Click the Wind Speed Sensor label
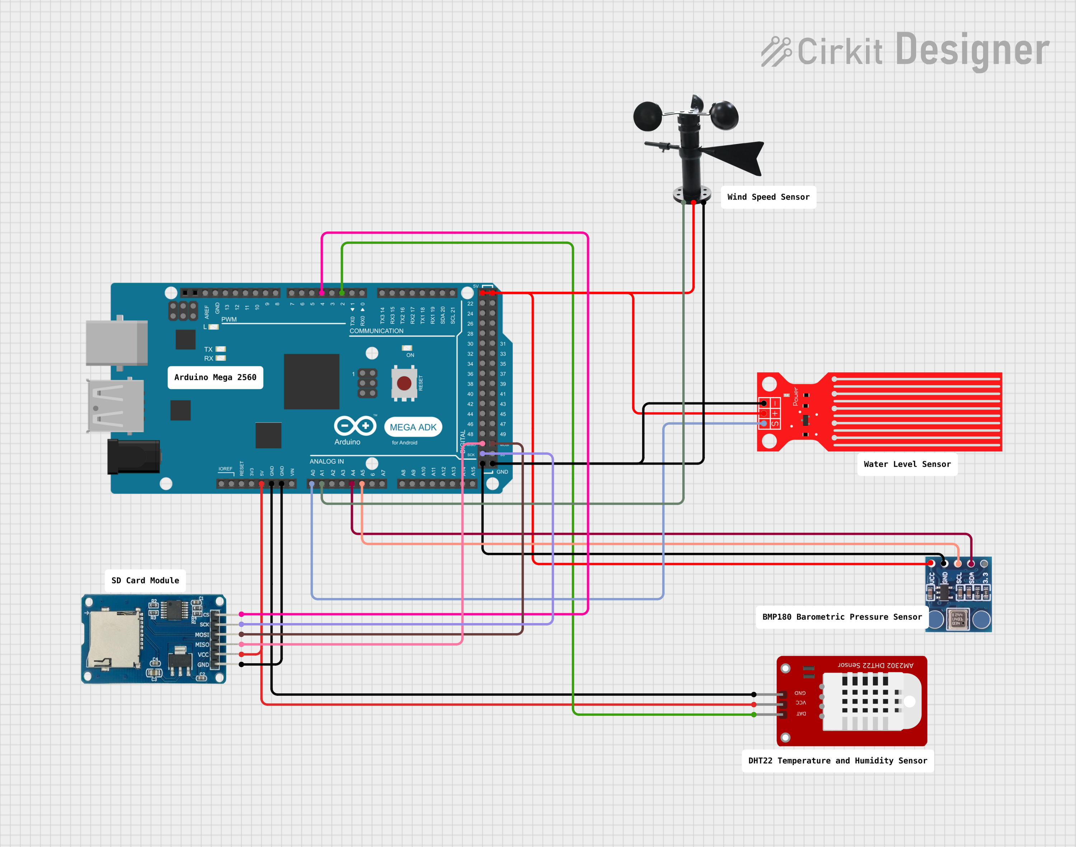768,197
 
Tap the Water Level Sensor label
907,464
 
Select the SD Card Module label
145,580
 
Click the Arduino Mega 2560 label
215,377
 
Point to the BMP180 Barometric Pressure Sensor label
841,617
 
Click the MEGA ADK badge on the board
413,427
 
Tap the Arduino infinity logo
355,425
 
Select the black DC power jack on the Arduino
133,456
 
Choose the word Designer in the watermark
972,49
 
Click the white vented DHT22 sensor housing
870,701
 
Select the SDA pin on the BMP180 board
971,564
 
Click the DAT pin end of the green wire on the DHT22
754,715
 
